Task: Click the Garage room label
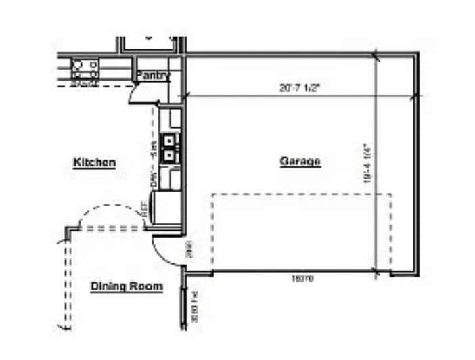point(300,162)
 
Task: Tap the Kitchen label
point(94,162)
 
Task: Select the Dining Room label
point(127,286)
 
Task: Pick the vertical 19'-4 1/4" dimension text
point(367,163)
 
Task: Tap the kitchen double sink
point(170,148)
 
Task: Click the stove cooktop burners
point(85,66)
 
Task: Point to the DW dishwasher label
point(154,179)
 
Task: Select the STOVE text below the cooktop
point(85,83)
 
